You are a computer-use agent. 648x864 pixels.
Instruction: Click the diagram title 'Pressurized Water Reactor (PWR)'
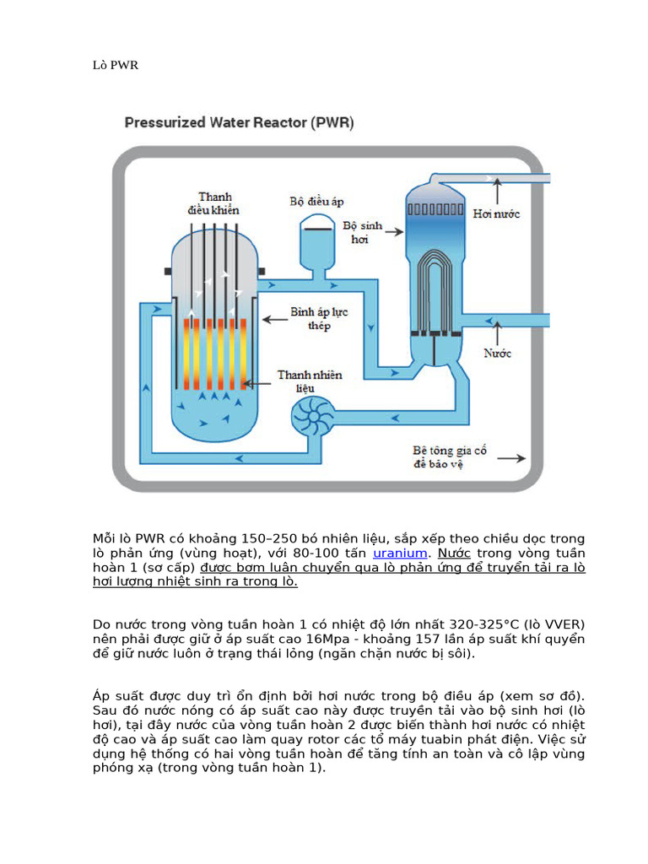coord(240,122)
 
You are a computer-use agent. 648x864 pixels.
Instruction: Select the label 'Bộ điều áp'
coord(316,202)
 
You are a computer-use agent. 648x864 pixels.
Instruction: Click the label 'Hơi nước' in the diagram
coord(496,214)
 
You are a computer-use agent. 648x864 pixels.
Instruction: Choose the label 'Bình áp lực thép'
coord(319,319)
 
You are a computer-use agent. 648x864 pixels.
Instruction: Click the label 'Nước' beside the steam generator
coord(498,354)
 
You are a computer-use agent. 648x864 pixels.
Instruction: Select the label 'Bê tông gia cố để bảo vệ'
coord(450,457)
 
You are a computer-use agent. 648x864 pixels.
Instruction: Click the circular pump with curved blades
coord(314,419)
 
